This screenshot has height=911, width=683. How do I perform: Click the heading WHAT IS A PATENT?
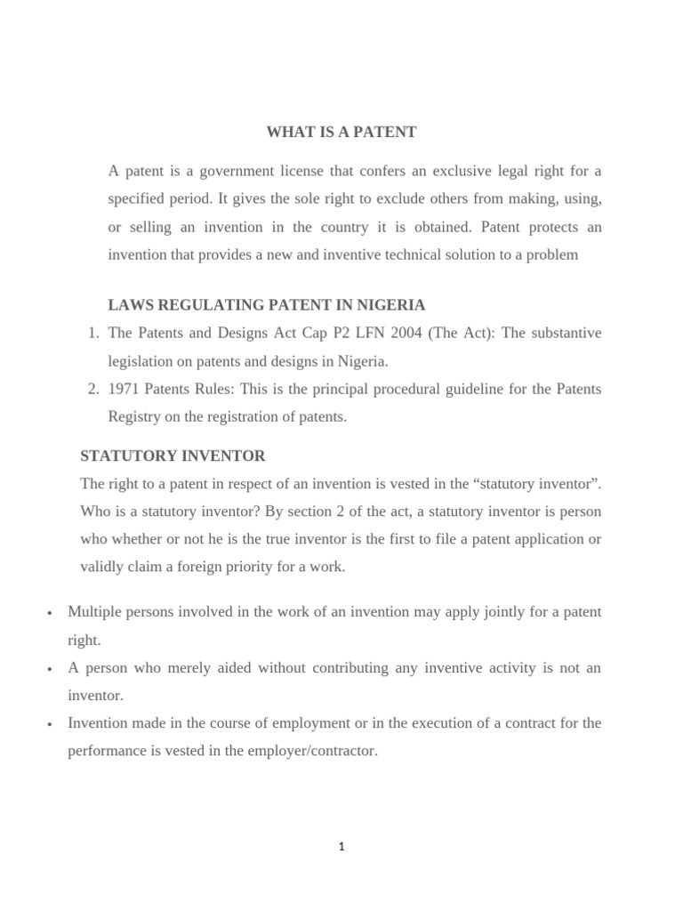(341, 133)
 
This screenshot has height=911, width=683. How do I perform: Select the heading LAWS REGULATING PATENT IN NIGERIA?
(267, 305)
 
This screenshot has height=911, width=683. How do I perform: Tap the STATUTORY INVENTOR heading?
(173, 456)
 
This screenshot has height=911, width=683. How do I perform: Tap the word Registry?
(133, 416)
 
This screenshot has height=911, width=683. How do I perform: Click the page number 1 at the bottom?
(341, 847)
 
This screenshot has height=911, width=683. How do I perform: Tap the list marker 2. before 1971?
(93, 389)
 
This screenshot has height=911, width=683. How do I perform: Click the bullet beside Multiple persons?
(50, 613)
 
